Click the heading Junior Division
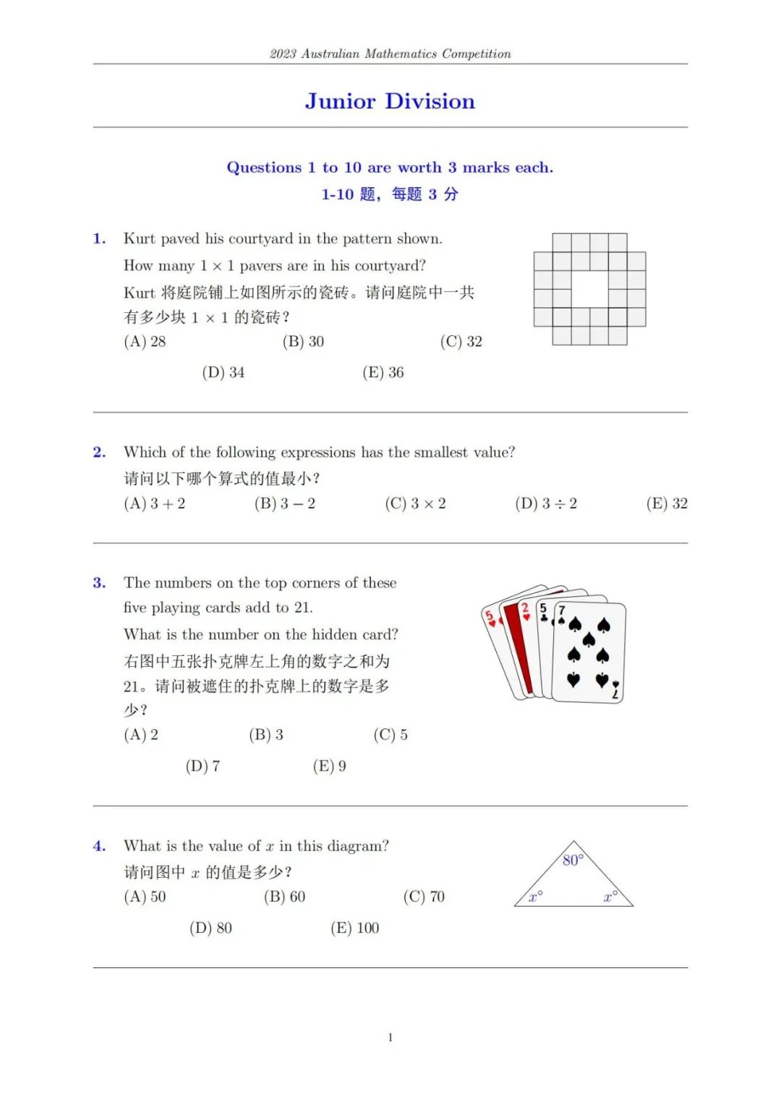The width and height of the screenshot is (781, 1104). click(x=390, y=101)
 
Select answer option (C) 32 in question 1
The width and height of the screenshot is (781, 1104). click(x=461, y=342)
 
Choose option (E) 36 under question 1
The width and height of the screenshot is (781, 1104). click(x=383, y=373)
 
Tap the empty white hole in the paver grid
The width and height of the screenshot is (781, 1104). click(x=590, y=289)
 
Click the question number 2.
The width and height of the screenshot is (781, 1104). click(x=99, y=452)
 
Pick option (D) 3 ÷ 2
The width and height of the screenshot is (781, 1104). click(x=546, y=504)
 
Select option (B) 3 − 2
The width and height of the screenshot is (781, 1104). click(x=285, y=504)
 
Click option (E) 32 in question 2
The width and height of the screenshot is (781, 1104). click(x=667, y=504)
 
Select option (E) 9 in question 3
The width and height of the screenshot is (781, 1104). click(x=330, y=766)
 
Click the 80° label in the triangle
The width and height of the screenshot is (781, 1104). click(x=572, y=860)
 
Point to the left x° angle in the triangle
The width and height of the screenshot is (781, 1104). click(x=536, y=897)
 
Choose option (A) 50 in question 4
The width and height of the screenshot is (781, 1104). click(x=145, y=897)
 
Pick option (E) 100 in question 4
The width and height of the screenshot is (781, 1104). click(x=355, y=928)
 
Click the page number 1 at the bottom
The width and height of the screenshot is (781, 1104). click(x=390, y=1038)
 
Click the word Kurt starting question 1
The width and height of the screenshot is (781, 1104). click(x=139, y=239)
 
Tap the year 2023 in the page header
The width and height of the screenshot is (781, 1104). click(x=283, y=54)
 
